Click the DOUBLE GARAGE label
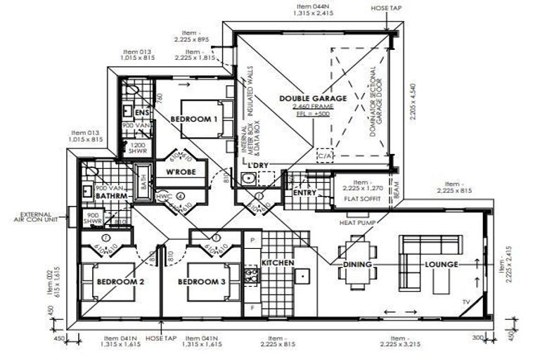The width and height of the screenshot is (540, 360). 313,99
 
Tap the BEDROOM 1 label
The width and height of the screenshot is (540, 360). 193,120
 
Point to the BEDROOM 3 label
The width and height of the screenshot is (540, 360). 202,282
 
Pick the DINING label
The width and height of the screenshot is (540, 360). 356,264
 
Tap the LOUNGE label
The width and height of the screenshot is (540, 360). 441,264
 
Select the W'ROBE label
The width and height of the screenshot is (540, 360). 180,172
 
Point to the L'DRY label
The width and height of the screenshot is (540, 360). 260,165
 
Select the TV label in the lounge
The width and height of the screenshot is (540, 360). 466,302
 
